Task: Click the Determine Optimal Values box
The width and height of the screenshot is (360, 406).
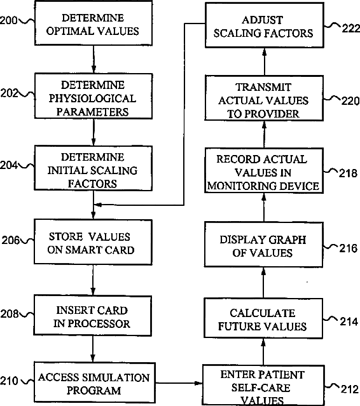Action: (x=93, y=23)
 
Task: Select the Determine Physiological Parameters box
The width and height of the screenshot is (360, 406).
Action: (x=93, y=97)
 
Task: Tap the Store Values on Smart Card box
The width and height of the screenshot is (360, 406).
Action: (x=93, y=242)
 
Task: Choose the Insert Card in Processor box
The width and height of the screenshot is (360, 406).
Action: (x=92, y=316)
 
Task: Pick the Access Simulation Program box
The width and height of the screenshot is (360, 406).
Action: (x=95, y=382)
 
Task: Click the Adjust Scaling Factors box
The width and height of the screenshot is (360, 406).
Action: (x=265, y=25)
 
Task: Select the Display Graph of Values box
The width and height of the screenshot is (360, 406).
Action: (x=263, y=245)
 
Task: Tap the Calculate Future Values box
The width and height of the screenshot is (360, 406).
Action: (x=263, y=318)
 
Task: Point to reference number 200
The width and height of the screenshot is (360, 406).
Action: (x=8, y=20)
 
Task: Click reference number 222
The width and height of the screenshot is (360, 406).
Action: (x=351, y=28)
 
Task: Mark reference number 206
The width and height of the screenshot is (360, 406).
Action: (x=11, y=240)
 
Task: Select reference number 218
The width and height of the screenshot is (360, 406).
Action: (x=348, y=173)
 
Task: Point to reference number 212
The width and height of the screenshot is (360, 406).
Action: (x=350, y=389)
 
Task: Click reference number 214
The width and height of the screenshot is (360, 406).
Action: (x=349, y=322)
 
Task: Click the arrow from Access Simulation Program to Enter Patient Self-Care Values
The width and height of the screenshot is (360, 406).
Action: (x=179, y=383)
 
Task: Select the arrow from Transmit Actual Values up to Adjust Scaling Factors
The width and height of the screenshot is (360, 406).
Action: (x=264, y=62)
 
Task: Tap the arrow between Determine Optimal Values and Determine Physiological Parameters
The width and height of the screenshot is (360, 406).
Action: (x=93, y=59)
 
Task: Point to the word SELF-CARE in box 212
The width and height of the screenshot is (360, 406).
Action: (x=261, y=388)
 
